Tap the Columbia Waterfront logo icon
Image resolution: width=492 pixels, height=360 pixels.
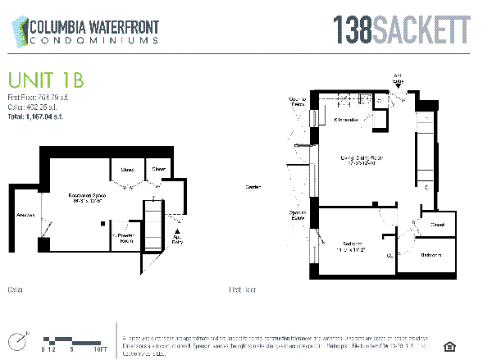click(x=17, y=31)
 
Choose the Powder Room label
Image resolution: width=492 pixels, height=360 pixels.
click(x=127, y=238)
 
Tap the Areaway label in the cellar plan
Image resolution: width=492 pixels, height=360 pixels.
click(x=25, y=216)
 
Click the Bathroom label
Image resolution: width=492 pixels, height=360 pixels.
click(x=432, y=255)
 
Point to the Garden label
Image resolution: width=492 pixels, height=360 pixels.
click(x=253, y=188)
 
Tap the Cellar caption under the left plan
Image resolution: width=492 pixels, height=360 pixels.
click(x=14, y=289)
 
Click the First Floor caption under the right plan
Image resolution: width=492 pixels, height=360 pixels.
click(x=242, y=289)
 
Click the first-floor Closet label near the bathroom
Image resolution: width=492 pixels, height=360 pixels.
click(x=438, y=224)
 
